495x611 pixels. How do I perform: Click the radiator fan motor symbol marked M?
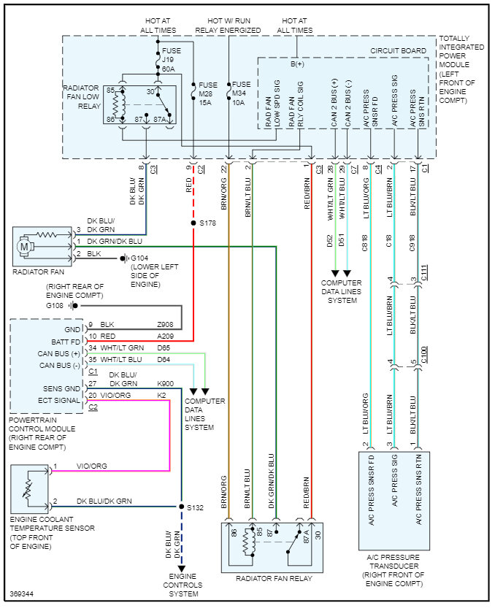(26, 247)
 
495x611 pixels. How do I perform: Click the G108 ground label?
(55, 305)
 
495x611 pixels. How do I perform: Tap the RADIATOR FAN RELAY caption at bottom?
(273, 579)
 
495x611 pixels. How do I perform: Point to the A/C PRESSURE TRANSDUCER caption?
(395, 569)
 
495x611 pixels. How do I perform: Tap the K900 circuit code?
(165, 383)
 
